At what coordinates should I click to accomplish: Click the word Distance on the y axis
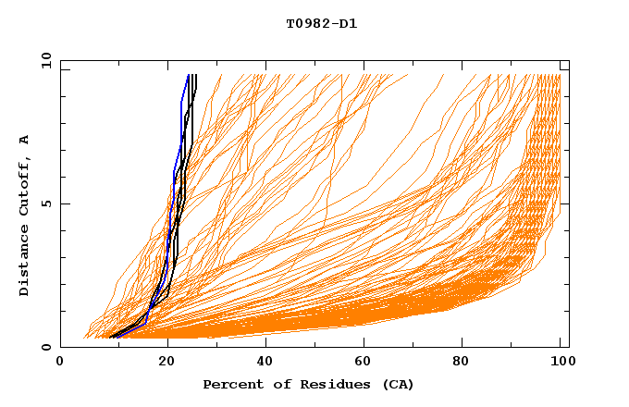[25, 261]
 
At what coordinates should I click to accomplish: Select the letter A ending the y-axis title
[25, 139]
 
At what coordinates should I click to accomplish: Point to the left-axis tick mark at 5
[64, 203]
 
